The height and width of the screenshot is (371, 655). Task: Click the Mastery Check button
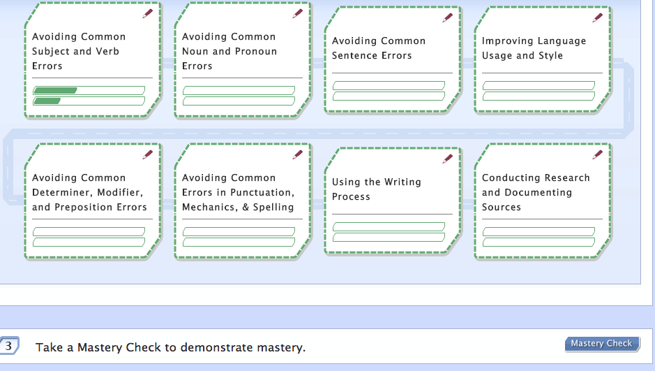(x=602, y=344)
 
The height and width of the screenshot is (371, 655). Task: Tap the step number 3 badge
(x=8, y=346)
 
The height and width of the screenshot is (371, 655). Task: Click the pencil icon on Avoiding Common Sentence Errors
(x=447, y=17)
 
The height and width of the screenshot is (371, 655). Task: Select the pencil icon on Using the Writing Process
(x=447, y=159)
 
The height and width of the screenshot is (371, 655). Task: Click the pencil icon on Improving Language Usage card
(x=597, y=17)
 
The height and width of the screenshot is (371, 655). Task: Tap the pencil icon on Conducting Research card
(x=597, y=154)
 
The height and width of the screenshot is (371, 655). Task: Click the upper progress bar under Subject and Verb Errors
(x=89, y=90)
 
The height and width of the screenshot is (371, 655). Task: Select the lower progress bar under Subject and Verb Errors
(x=89, y=101)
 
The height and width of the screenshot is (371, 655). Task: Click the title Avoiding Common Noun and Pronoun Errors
(x=229, y=51)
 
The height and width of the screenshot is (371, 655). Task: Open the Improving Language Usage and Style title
(x=534, y=48)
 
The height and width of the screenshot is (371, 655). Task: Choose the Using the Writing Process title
(x=377, y=189)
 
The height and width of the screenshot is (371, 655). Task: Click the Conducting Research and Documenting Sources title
(x=536, y=192)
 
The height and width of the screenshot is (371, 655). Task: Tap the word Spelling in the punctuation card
(x=273, y=208)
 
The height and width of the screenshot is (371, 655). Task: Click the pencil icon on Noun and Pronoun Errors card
(x=297, y=13)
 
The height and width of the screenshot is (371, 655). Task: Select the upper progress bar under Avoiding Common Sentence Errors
(x=389, y=86)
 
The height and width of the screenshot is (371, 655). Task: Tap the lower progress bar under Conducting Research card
(x=539, y=242)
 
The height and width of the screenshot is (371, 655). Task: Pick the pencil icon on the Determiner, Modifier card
(x=147, y=154)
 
